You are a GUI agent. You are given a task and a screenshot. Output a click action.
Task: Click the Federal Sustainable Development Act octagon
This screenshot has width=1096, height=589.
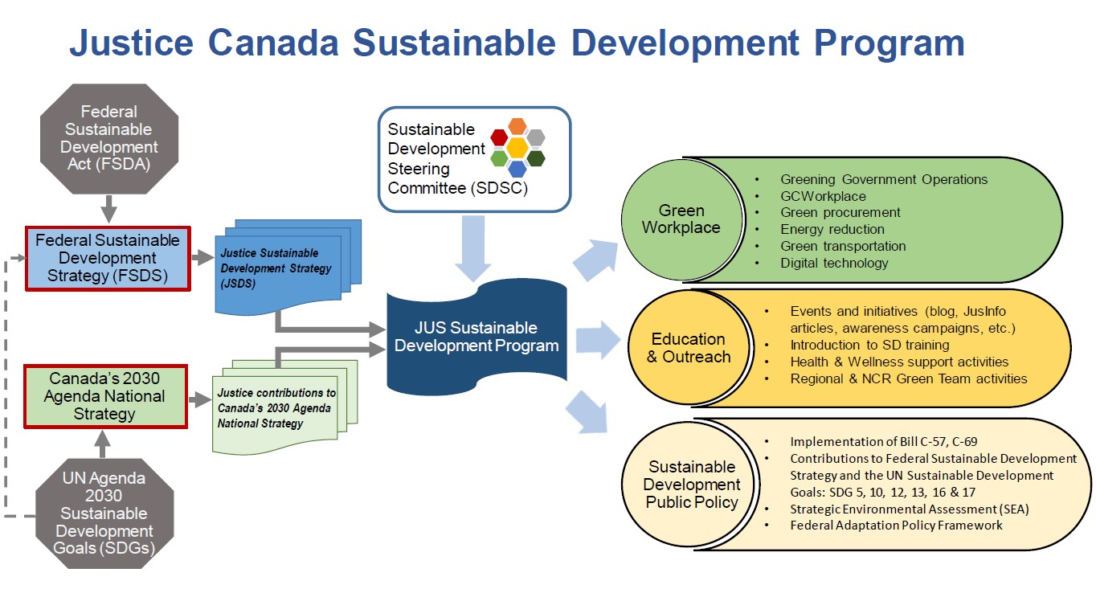(108, 138)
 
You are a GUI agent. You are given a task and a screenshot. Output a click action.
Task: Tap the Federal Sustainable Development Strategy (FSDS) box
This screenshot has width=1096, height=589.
(108, 258)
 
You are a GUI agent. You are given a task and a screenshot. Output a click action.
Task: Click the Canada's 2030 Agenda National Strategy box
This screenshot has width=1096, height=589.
(105, 396)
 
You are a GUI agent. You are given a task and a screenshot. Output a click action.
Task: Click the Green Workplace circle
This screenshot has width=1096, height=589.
(681, 219)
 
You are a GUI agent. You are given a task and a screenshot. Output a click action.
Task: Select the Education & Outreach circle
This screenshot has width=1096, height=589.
(688, 348)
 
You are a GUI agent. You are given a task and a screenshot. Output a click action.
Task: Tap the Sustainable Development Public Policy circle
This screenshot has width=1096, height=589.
(691, 485)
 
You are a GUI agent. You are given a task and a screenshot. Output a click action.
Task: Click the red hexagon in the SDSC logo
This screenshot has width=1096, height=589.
(499, 137)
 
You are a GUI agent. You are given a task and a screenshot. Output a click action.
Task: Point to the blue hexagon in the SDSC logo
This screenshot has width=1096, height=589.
(517, 169)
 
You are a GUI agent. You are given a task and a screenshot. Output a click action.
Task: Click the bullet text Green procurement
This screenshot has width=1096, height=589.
(840, 213)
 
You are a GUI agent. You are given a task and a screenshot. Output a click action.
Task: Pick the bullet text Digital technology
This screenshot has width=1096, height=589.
(834, 263)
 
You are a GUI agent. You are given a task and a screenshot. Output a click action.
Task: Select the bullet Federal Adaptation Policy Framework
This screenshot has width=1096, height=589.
(896, 526)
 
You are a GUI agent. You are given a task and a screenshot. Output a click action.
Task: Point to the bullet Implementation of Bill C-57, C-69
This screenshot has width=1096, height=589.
(883, 442)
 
